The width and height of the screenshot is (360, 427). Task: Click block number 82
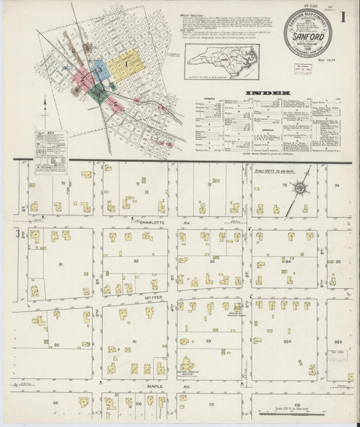click(136, 260)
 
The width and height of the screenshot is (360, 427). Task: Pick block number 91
click(134, 342)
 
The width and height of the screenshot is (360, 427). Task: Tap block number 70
click(62, 183)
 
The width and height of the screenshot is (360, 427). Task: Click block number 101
click(211, 404)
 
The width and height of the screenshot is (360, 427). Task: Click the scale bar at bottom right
click(297, 414)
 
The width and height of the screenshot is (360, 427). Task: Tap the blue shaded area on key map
click(98, 68)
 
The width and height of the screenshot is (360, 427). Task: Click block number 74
click(336, 184)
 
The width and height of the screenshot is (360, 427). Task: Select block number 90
click(57, 345)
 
